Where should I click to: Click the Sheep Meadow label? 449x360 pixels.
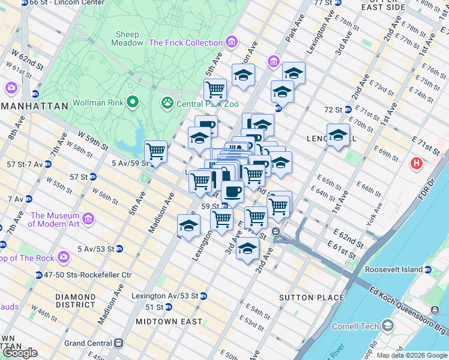point(127,38)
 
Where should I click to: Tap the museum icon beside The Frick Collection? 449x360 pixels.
point(232,43)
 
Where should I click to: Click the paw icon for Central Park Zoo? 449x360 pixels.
point(167,103)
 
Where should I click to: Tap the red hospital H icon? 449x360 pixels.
point(415,163)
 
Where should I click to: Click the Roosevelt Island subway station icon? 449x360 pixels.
point(428,270)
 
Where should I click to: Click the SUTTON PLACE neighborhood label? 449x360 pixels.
point(312,298)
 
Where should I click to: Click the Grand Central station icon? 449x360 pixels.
point(119,343)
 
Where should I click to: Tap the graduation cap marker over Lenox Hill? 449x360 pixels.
point(338,134)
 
